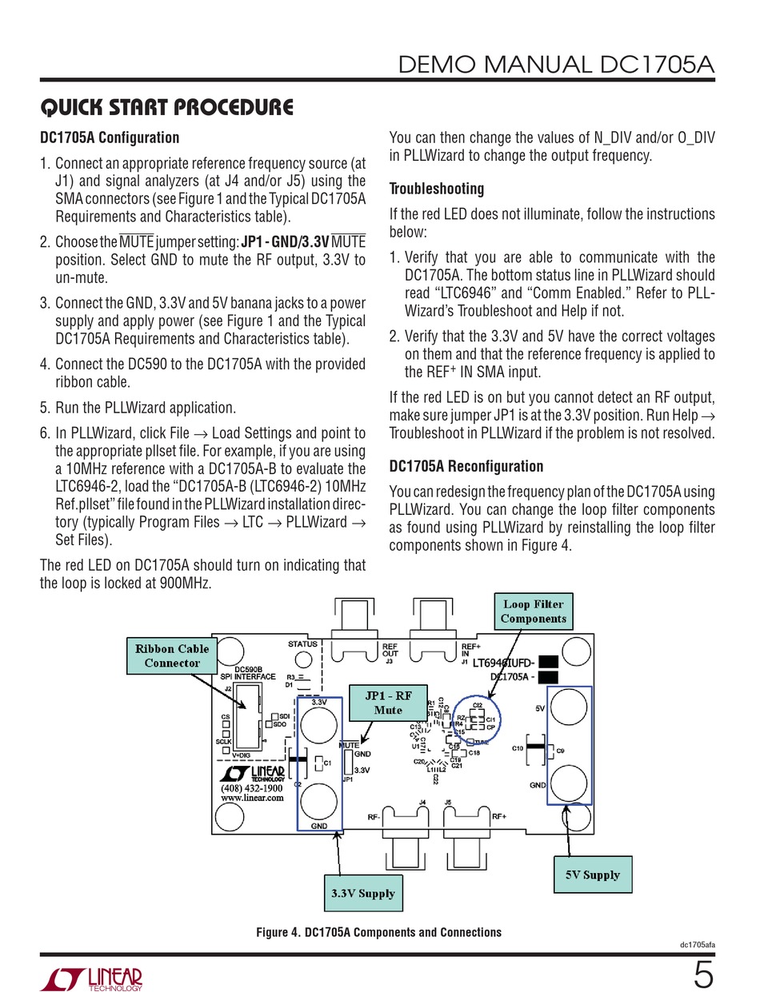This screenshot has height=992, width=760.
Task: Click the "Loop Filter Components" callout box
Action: point(533,612)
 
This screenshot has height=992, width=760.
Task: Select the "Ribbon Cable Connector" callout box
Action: point(172,655)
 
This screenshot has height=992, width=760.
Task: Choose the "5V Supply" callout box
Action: point(592,874)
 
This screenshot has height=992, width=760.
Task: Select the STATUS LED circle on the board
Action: point(303,659)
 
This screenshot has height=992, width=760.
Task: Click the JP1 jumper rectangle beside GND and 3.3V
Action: point(346,763)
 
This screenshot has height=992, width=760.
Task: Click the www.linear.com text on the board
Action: point(252,797)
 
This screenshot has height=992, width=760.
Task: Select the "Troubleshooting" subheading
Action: point(436,189)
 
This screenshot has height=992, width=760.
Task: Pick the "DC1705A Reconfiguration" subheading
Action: point(466,466)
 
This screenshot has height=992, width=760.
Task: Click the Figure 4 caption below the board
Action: point(378,932)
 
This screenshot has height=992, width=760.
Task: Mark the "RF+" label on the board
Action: point(499,817)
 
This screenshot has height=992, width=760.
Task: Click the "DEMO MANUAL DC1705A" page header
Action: point(557,64)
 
